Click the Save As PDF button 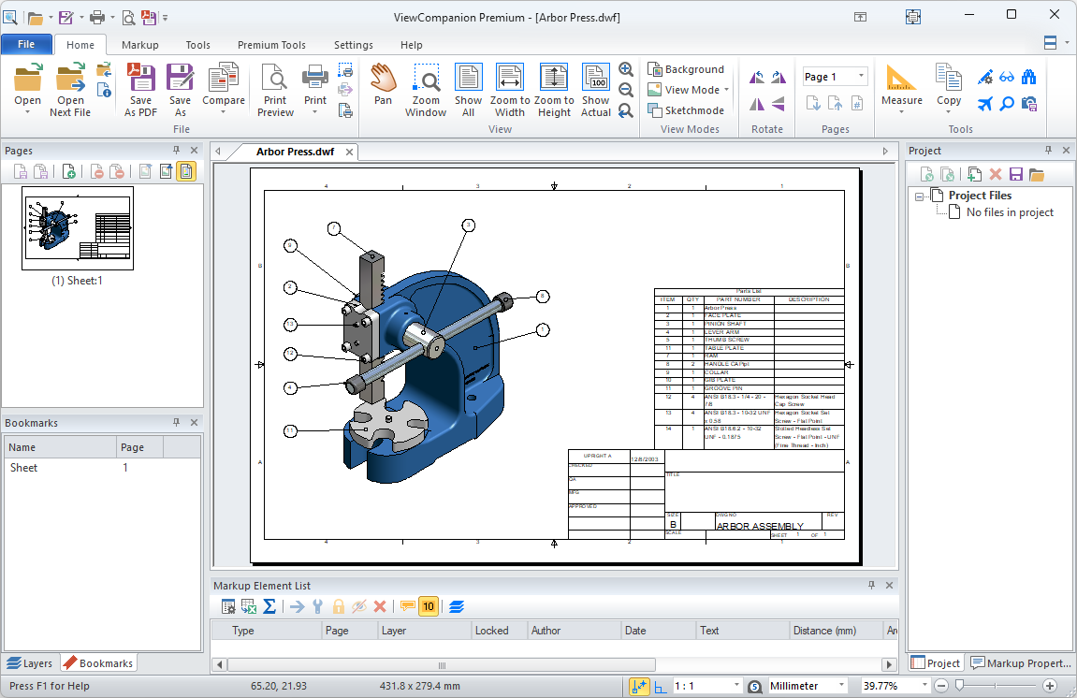(x=140, y=89)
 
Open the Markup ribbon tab (x=139, y=45)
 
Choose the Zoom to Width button (x=510, y=89)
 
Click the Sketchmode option (x=686, y=110)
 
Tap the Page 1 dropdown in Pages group (x=835, y=77)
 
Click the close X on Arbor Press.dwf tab (x=348, y=152)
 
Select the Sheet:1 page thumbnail (x=78, y=228)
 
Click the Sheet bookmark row (x=56, y=468)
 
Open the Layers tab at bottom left (x=30, y=663)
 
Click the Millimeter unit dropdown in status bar (x=807, y=686)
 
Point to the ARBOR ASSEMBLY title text (x=759, y=526)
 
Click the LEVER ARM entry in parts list (x=721, y=332)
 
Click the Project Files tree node (x=980, y=196)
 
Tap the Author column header (x=546, y=631)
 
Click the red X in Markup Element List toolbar (x=380, y=606)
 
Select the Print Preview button (x=275, y=89)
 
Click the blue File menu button (x=26, y=45)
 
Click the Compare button (x=224, y=89)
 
